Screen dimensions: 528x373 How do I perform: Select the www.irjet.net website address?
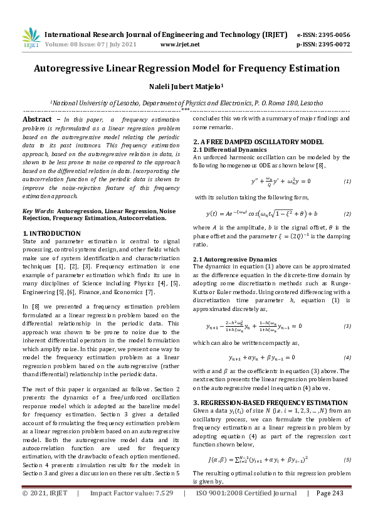click(180, 45)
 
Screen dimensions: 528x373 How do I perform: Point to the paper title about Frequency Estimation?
click(186, 68)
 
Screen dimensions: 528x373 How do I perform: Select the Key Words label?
click(38, 212)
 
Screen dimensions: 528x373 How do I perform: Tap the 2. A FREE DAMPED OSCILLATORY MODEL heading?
click(258, 142)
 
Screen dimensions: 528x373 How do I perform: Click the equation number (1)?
click(347, 181)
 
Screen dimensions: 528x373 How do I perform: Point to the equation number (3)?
click(347, 326)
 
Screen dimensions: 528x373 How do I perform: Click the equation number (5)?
click(347, 460)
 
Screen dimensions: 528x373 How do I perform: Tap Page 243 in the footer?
click(332, 511)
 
